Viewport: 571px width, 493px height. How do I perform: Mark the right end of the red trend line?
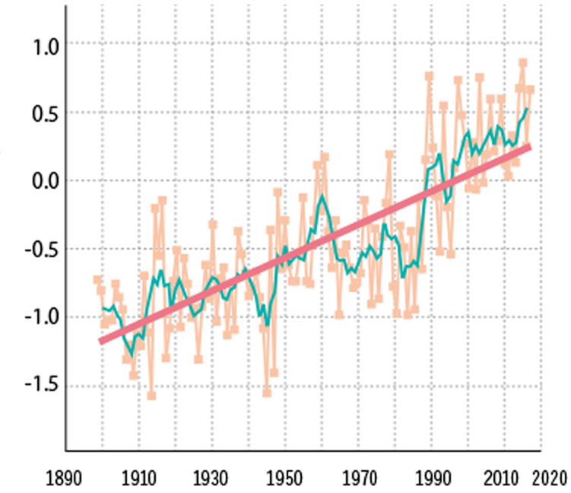click(529, 145)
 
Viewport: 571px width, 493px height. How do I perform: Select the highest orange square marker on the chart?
click(523, 63)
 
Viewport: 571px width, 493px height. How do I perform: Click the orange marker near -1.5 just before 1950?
click(267, 393)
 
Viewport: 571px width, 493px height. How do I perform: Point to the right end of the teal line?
click(528, 110)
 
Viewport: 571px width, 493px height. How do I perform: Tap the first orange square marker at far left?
click(97, 280)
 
